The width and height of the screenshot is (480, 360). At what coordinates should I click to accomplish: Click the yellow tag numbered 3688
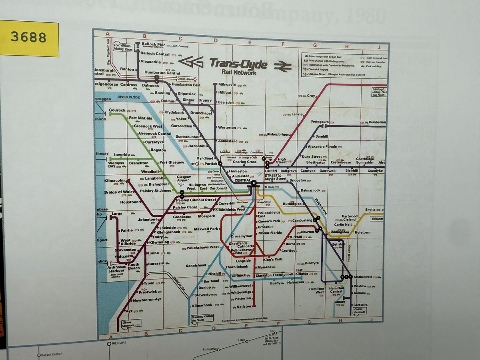coord(29,38)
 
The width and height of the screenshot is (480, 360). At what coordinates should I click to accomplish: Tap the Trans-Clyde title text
coord(238,63)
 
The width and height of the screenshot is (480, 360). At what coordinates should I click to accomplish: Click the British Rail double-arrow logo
coord(283,66)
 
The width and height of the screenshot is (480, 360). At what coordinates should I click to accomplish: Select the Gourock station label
coord(117,110)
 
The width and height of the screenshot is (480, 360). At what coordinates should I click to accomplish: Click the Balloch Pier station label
coord(153,44)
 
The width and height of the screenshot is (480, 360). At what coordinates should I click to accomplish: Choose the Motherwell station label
coord(363,276)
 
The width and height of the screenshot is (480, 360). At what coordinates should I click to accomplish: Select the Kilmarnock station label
coord(201,305)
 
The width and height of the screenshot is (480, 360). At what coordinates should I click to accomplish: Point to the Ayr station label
coord(129,311)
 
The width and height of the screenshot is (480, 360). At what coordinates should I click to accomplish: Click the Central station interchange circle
coord(254,183)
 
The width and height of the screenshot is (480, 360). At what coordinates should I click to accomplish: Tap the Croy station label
coord(311,96)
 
